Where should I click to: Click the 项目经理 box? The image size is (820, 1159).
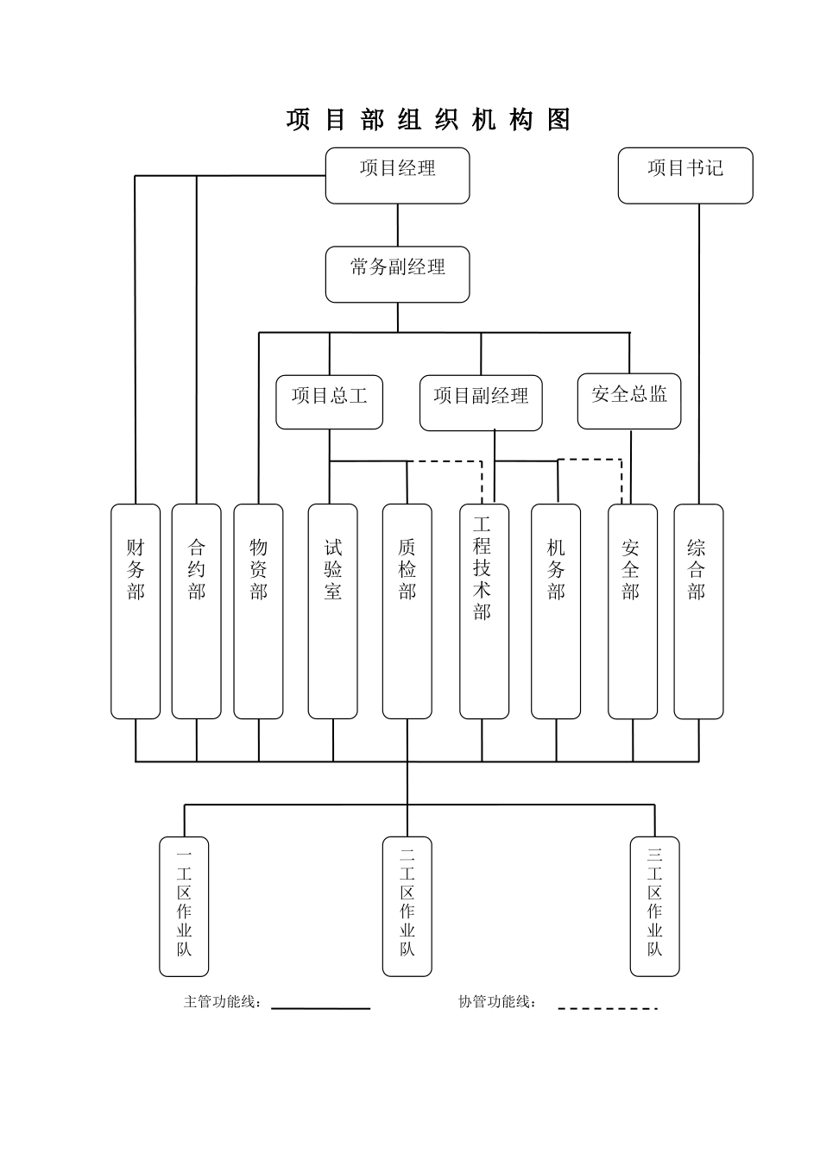coord(397,175)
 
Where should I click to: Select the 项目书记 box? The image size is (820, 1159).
coord(685,175)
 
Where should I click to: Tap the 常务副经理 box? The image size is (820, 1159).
coord(397,274)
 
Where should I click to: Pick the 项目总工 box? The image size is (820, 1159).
coord(329,402)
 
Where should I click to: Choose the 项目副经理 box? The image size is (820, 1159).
coord(481,403)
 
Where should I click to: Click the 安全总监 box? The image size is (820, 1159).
coord(628,401)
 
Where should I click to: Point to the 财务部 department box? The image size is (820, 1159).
coord(136,611)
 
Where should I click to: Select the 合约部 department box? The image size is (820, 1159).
coord(196,611)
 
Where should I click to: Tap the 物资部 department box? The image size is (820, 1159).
coord(258,611)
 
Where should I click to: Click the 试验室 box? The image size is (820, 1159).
coord(332,611)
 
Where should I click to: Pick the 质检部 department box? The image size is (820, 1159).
coord(407,611)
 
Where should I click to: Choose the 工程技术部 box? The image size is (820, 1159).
coord(483,611)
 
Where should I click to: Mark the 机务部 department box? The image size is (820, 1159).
coord(555,611)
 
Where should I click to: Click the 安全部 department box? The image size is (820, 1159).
coord(632,611)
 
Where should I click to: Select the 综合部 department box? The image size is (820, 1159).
coord(697,611)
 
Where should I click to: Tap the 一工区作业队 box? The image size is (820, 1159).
coord(184,905)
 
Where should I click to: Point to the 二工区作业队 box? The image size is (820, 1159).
coord(407,905)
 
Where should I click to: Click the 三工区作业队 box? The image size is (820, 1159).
coord(654,905)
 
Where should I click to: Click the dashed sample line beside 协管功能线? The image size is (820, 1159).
coord(607,1008)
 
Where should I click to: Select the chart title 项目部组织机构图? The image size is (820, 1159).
coord(428,120)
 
